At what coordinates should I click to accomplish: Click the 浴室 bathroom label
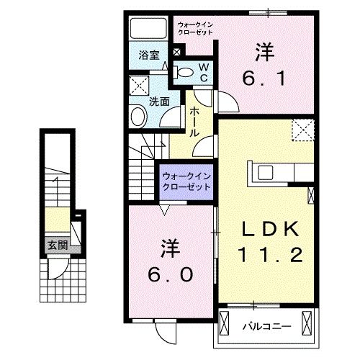pos(149,55)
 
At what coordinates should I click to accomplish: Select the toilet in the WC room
pos(184,71)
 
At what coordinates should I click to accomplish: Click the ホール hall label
pos(195,122)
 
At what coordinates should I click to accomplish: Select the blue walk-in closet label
pos(186,181)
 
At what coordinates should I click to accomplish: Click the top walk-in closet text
pos(195,29)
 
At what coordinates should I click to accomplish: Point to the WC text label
pos(204,72)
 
